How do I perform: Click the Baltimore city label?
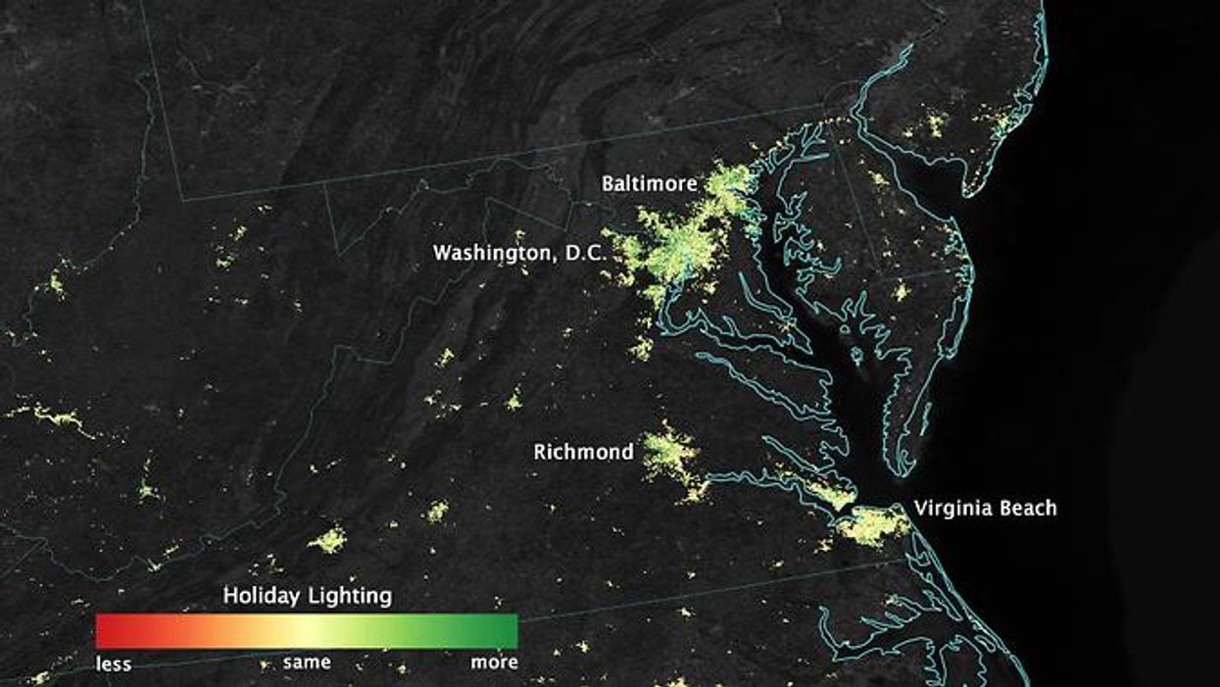coord(650,183)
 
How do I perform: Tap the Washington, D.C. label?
coord(520,253)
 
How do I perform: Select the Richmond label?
coord(583,452)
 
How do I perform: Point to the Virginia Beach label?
coord(985,508)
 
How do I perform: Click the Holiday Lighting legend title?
coord(307,595)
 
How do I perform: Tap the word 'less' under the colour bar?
coord(113,663)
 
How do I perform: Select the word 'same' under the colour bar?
coord(307,662)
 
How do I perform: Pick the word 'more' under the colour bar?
coord(495,662)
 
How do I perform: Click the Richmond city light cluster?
coord(671,453)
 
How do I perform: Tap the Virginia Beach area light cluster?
coord(870,525)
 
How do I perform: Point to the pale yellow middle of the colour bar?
coord(307,631)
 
